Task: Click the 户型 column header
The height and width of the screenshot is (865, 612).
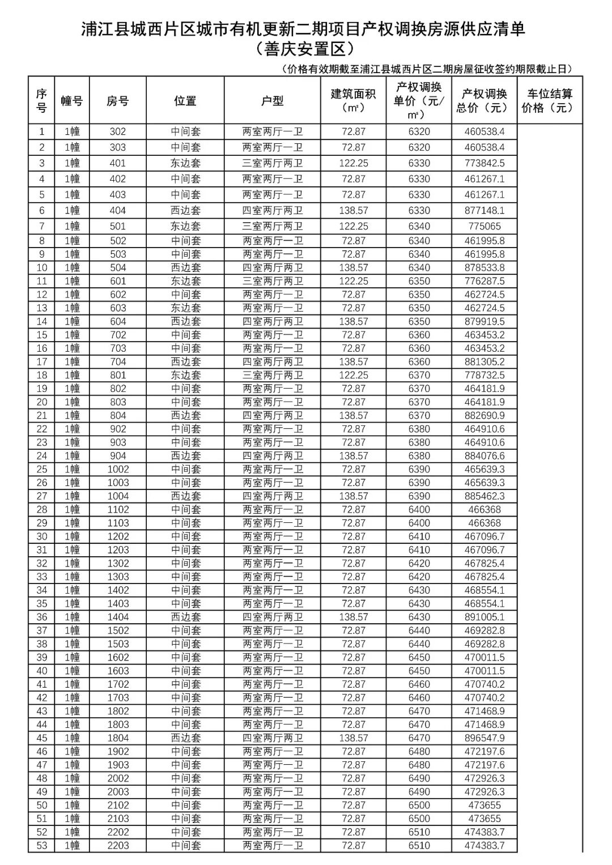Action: pos(272,101)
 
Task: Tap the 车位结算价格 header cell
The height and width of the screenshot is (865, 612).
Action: pos(550,101)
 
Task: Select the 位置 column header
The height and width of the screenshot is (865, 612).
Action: pos(185,101)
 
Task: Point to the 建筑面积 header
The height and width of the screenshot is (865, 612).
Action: pos(353,101)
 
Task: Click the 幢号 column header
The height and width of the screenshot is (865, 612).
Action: pos(72,101)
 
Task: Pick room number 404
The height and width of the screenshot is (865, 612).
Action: pos(118,210)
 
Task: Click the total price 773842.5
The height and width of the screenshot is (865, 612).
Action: pos(484,163)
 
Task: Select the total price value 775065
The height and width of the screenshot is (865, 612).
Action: pos(484,226)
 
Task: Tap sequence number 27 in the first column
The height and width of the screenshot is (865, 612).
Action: pos(42,496)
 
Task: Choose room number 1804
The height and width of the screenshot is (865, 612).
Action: pos(118,738)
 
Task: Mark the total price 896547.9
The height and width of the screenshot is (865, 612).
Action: pos(484,738)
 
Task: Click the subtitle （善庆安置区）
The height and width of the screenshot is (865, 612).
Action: pos(304,49)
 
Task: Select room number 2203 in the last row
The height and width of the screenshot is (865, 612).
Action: pos(118,846)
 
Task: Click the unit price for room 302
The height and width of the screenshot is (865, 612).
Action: pos(419,131)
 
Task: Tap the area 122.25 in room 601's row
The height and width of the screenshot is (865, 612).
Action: pos(353,281)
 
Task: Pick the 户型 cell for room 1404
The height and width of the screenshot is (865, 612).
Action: pos(273,617)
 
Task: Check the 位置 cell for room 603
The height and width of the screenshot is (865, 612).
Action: pos(186,308)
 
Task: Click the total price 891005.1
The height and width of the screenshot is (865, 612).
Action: pos(484,617)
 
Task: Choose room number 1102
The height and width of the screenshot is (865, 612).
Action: pos(118,510)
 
